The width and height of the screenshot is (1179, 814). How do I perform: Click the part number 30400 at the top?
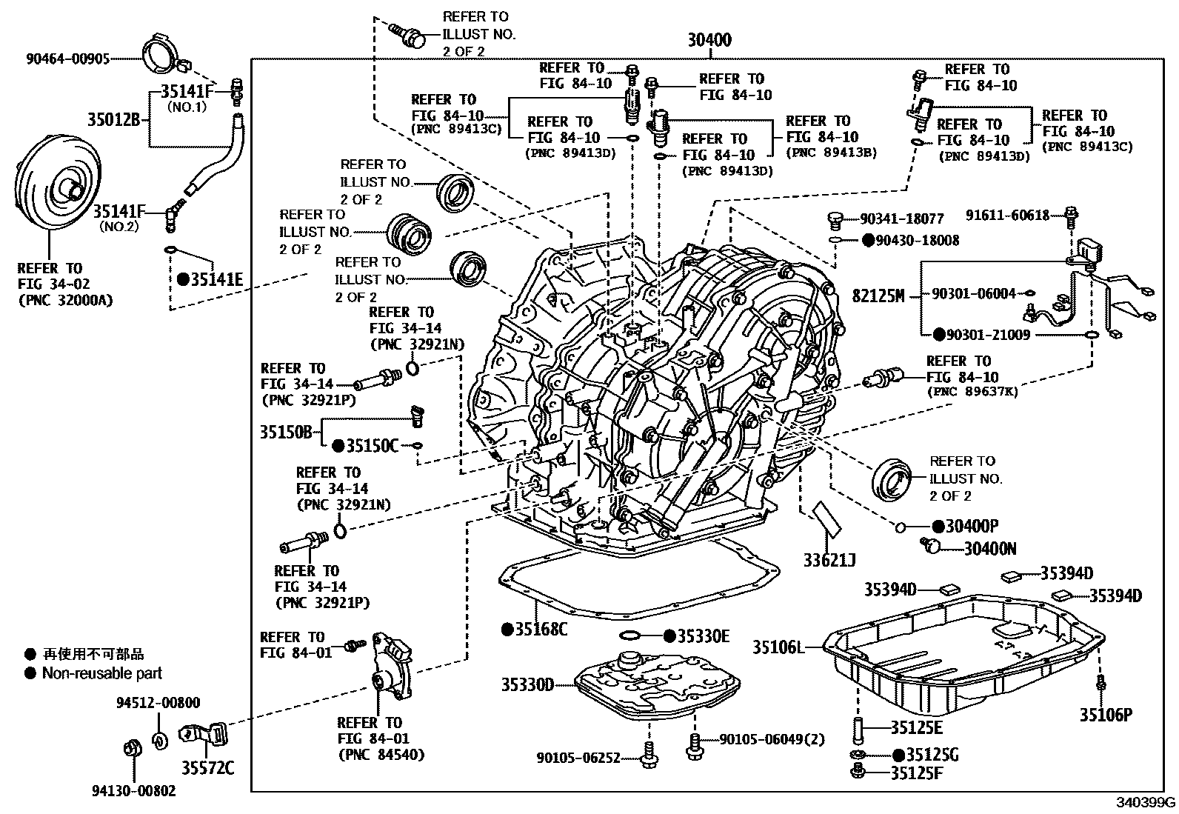tap(709, 40)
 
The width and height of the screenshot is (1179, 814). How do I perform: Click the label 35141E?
tap(216, 279)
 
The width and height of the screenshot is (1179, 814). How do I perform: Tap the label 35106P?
tap(1106, 715)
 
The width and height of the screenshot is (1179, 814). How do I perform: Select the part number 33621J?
tap(829, 560)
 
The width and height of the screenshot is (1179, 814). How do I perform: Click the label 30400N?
tap(990, 548)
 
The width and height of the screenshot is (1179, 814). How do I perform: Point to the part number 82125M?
tap(878, 296)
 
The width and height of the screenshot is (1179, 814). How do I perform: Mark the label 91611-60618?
tap(1008, 216)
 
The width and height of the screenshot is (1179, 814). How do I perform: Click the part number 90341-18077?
tap(902, 219)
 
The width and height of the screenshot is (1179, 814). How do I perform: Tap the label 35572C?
tap(209, 767)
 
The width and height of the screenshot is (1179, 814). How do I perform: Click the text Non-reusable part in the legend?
tap(101, 673)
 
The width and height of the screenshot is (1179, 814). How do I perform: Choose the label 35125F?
tap(917, 773)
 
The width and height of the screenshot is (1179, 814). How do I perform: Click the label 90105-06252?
tap(579, 757)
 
